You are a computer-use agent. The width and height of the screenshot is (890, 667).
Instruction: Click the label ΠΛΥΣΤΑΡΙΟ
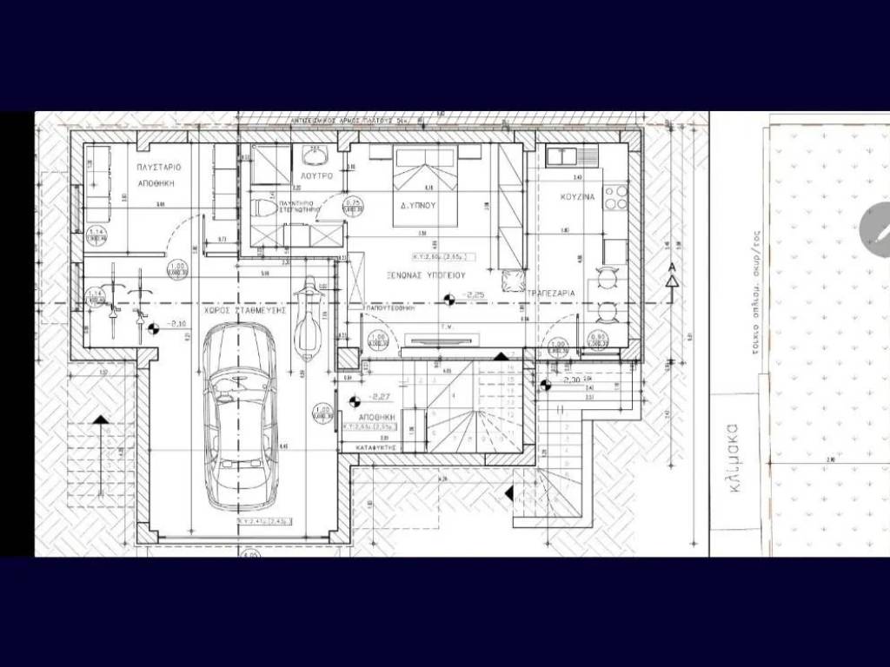(x=157, y=166)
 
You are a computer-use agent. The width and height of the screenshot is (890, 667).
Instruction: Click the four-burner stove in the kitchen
(x=615, y=198)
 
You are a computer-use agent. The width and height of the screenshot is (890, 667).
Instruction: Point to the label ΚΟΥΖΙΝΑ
(x=578, y=197)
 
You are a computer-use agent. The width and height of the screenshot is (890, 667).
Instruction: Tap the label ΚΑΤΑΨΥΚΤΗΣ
(x=377, y=445)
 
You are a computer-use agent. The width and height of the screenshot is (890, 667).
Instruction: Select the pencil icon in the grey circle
(x=876, y=228)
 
